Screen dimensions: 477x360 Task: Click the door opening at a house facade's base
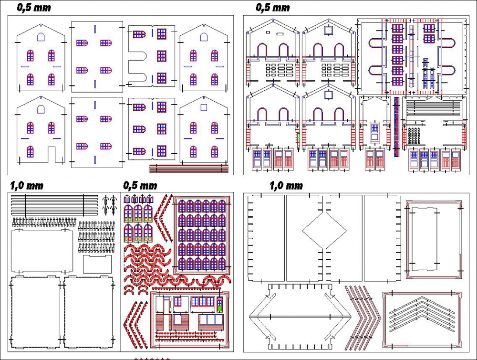point(52,154)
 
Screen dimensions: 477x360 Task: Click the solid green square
point(219,308)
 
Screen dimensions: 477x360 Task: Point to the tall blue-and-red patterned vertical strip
point(396,127)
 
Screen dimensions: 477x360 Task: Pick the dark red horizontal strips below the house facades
point(188,169)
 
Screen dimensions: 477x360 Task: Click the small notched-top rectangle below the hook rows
point(97,264)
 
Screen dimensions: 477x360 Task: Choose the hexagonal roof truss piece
point(300,317)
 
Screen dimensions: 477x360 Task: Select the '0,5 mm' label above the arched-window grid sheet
point(140,185)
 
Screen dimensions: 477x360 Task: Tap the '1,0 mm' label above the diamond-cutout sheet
point(286,185)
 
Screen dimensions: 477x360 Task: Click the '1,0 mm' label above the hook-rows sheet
point(26,185)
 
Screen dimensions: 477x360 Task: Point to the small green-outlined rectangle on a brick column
point(299,137)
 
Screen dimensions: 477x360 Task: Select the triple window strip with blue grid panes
point(203,302)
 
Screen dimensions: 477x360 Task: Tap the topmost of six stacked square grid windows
point(397,28)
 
